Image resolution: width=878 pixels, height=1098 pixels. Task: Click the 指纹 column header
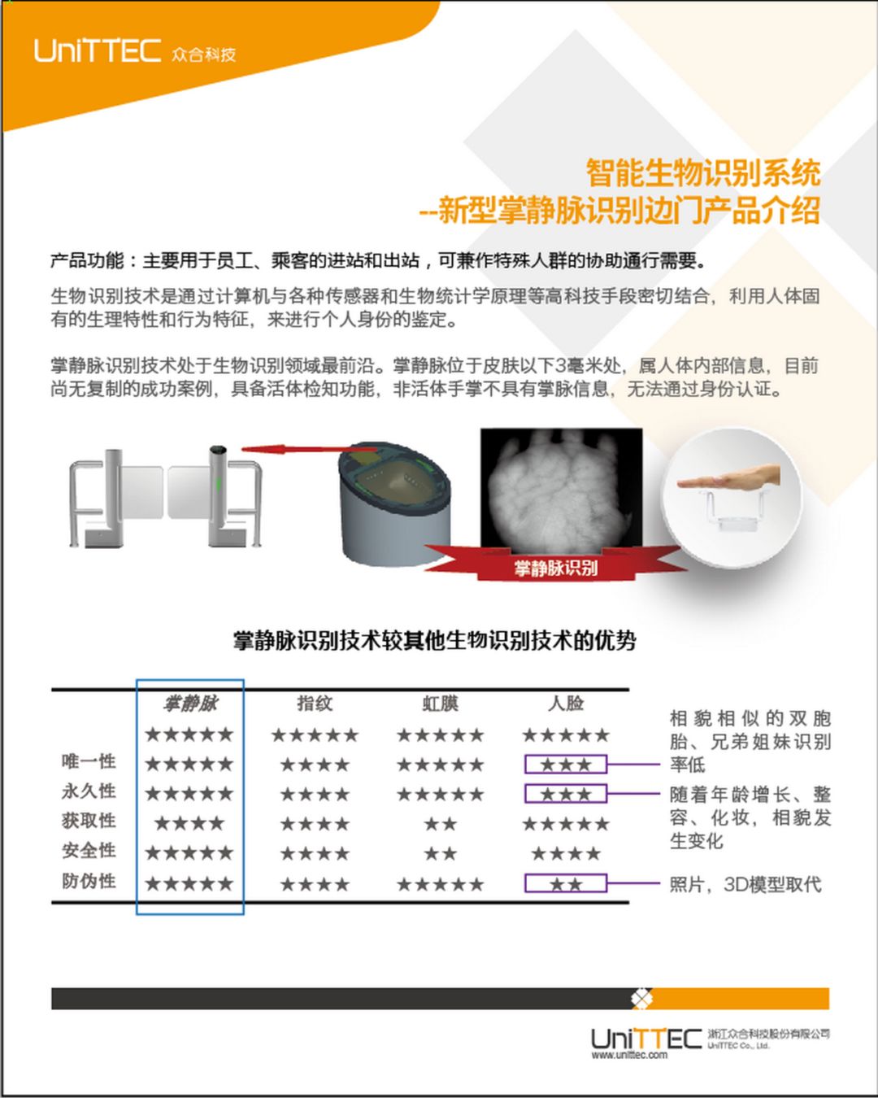click(315, 704)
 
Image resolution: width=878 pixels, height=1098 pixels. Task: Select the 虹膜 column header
click(441, 704)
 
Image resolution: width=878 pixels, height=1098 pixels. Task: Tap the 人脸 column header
click(566, 704)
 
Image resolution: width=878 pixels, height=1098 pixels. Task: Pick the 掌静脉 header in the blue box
click(190, 704)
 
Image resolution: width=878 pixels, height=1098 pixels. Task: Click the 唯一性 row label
click(89, 761)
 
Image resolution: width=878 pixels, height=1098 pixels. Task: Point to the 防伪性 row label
click(89, 881)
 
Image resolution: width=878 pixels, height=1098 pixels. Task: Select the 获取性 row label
click(89, 821)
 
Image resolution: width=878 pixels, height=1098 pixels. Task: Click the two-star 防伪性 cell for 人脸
click(566, 884)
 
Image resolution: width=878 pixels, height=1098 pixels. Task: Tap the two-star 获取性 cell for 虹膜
click(441, 824)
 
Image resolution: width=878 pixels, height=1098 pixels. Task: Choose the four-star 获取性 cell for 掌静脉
click(189, 823)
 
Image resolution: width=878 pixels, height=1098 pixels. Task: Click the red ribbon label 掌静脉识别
click(555, 568)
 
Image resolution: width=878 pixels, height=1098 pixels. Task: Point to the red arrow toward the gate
click(309, 450)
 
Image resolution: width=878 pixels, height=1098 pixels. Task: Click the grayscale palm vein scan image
click(561, 491)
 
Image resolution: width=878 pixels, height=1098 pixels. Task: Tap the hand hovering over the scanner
click(728, 478)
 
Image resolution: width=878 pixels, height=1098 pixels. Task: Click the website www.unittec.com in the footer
click(629, 1055)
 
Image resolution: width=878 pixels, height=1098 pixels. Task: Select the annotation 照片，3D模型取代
click(745, 884)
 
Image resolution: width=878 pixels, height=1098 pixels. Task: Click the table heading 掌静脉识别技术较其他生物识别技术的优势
click(435, 641)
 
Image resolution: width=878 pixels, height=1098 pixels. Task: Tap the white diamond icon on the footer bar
click(641, 999)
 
